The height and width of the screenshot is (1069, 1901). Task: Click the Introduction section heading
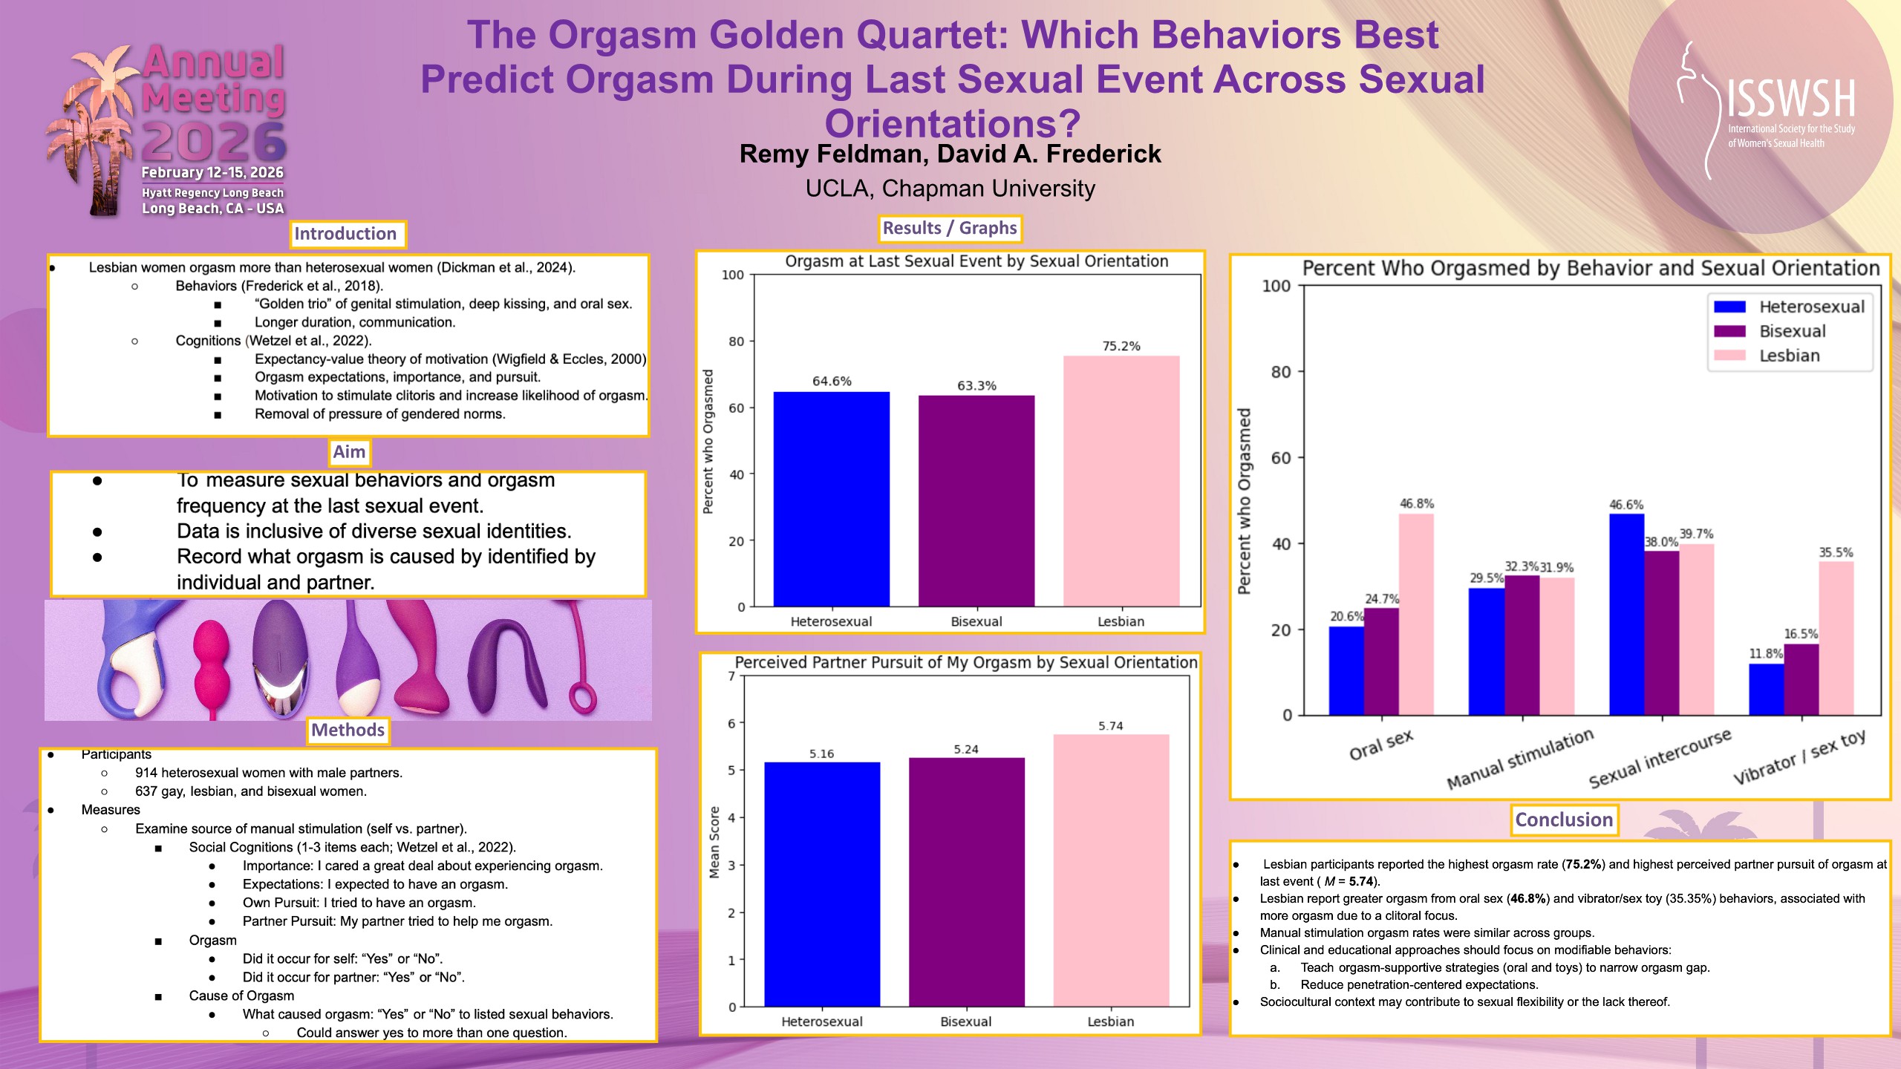coord(346,234)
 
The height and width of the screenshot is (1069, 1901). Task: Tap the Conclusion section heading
coord(1564,820)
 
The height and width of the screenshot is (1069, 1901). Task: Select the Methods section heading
coord(348,730)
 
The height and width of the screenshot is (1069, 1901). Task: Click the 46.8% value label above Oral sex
coord(1417,503)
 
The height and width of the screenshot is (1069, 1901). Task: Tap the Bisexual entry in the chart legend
coord(1792,331)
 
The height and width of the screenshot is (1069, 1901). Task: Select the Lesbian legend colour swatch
coord(1729,356)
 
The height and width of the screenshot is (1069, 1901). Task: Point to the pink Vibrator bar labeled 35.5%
coord(1836,638)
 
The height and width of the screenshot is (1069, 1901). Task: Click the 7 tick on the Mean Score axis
coord(731,676)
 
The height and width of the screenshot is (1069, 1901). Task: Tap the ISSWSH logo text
coord(1790,99)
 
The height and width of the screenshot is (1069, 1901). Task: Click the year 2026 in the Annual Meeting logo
coord(214,142)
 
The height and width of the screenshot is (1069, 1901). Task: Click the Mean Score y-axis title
coord(714,842)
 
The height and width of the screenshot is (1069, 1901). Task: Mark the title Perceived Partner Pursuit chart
coord(965,662)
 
